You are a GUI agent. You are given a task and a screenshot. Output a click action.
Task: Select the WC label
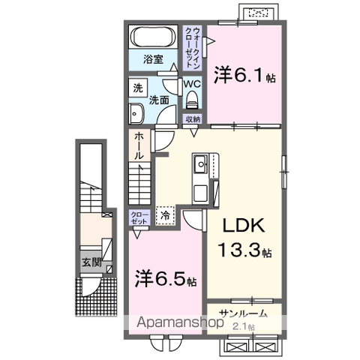(191, 84)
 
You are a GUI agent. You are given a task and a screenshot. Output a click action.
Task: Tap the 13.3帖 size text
(244, 250)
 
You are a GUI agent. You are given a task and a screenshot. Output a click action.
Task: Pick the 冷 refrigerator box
(165, 216)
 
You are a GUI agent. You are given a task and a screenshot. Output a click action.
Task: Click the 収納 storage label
(192, 119)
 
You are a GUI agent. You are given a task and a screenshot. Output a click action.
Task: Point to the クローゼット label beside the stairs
(139, 218)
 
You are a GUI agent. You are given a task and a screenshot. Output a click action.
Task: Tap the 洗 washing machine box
(138, 88)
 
